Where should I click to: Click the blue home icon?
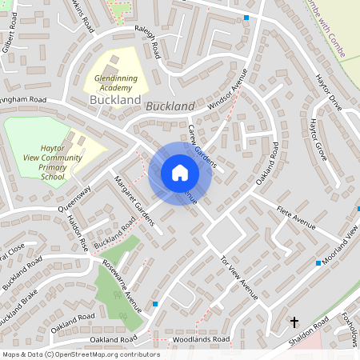pyautogui.click(x=179, y=173)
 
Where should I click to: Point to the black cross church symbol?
pyautogui.click(x=294, y=322)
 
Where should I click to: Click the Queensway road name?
pyautogui.click(x=74, y=199)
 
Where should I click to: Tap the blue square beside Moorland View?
pyautogui.click(x=318, y=262)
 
